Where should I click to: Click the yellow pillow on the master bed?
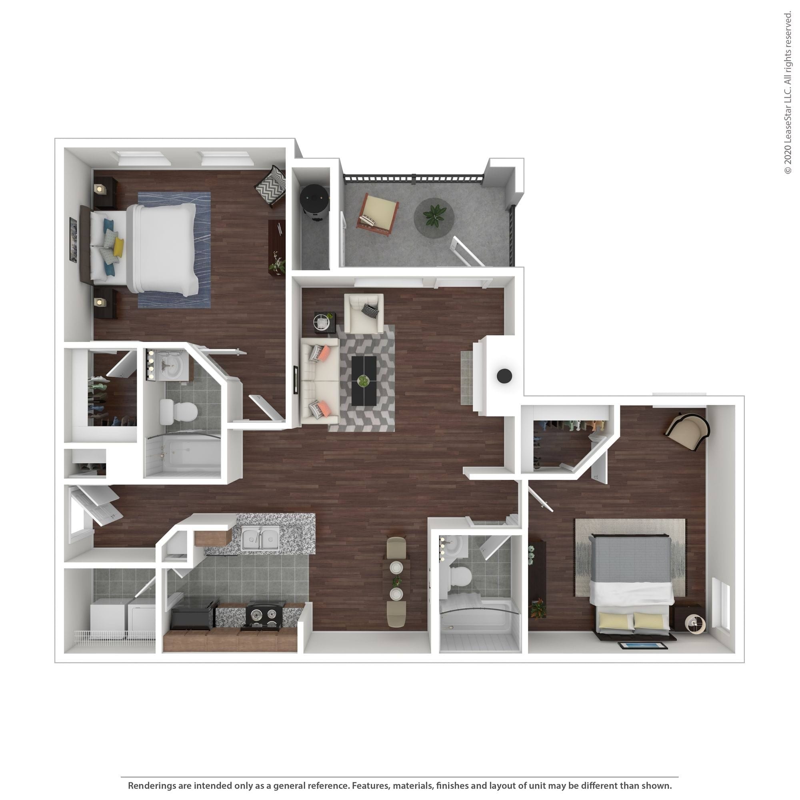point(118,247)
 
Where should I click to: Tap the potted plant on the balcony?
point(434,216)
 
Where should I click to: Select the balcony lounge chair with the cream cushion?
point(378,214)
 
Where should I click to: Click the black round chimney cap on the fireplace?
point(504,376)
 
